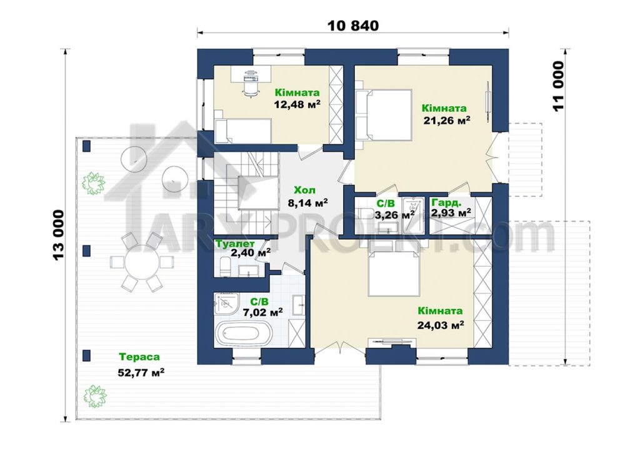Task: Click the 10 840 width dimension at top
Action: [x=353, y=25]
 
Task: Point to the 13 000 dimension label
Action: [x=58, y=235]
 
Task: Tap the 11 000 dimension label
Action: [x=558, y=86]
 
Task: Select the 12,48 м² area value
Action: [x=297, y=105]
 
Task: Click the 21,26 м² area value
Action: [x=446, y=120]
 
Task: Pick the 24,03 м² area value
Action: [x=441, y=325]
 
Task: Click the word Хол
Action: [x=304, y=190]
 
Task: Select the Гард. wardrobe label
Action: [x=446, y=202]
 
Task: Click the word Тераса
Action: [x=139, y=357]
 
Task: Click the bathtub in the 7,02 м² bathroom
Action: [x=243, y=334]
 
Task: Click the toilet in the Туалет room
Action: [x=225, y=266]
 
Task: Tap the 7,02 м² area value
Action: [x=263, y=313]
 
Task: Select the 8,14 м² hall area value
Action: [x=309, y=202]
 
